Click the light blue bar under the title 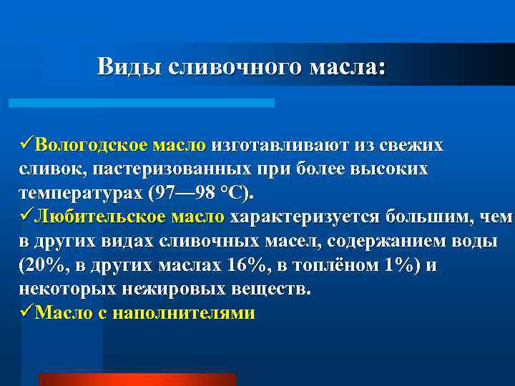pyautogui.click(x=142, y=103)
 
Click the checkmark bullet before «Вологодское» pyautogui.click(x=26, y=145)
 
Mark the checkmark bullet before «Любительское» pyautogui.click(x=26, y=217)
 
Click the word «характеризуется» pyautogui.click(x=305, y=217)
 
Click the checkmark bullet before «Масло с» pyautogui.click(x=26, y=313)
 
